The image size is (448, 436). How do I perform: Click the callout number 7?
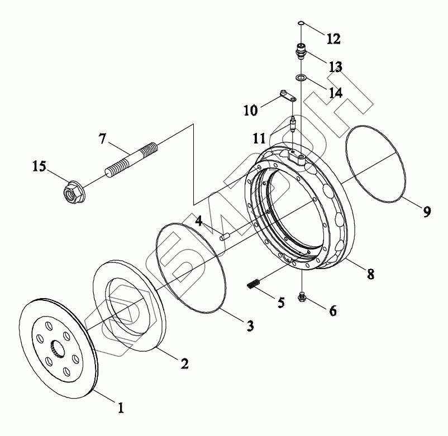point(103,138)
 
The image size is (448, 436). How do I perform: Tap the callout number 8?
point(370,274)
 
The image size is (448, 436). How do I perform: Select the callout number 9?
point(426,212)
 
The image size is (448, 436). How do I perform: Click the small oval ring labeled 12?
point(301,23)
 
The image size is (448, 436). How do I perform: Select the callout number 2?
point(184,363)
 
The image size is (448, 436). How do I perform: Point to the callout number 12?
point(333,39)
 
